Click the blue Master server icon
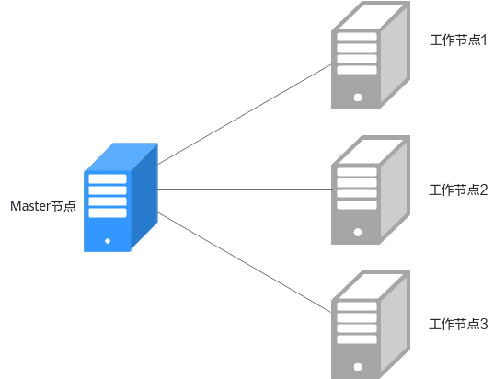(x=121, y=198)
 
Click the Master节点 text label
(x=43, y=206)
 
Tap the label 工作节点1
(x=458, y=40)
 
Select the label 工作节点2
(x=458, y=189)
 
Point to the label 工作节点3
(x=458, y=324)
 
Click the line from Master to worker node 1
(x=245, y=114)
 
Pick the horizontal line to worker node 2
(x=245, y=189)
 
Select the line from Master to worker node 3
(x=245, y=262)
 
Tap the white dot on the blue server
(x=108, y=241)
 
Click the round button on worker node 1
(x=358, y=98)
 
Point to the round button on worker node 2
(x=358, y=232)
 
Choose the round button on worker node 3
(x=358, y=367)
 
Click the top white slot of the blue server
(x=108, y=179)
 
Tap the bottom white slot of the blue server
(x=108, y=213)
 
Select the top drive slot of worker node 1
(x=357, y=37)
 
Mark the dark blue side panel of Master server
(x=144, y=196)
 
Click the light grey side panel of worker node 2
(x=394, y=190)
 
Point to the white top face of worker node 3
(x=372, y=286)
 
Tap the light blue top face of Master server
(x=121, y=157)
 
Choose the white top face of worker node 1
(x=372, y=17)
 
